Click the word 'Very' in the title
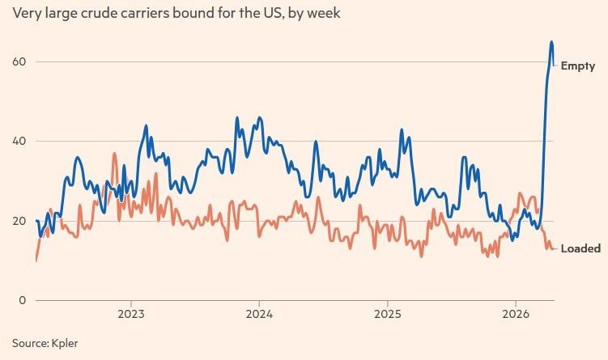tap(27, 14)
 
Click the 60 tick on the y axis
tap(19, 61)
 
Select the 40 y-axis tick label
tap(19, 141)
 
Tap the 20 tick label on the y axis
tap(19, 221)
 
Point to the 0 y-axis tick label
tap(23, 300)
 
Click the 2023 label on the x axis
tap(131, 314)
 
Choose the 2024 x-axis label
tap(259, 314)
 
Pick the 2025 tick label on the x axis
tap(388, 314)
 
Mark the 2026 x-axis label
tap(517, 314)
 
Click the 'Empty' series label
tap(578, 66)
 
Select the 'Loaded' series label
tap(580, 248)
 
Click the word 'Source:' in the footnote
tap(29, 343)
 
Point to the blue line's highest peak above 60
tap(551, 42)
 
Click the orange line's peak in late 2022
tap(114, 153)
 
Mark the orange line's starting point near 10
tap(36, 260)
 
